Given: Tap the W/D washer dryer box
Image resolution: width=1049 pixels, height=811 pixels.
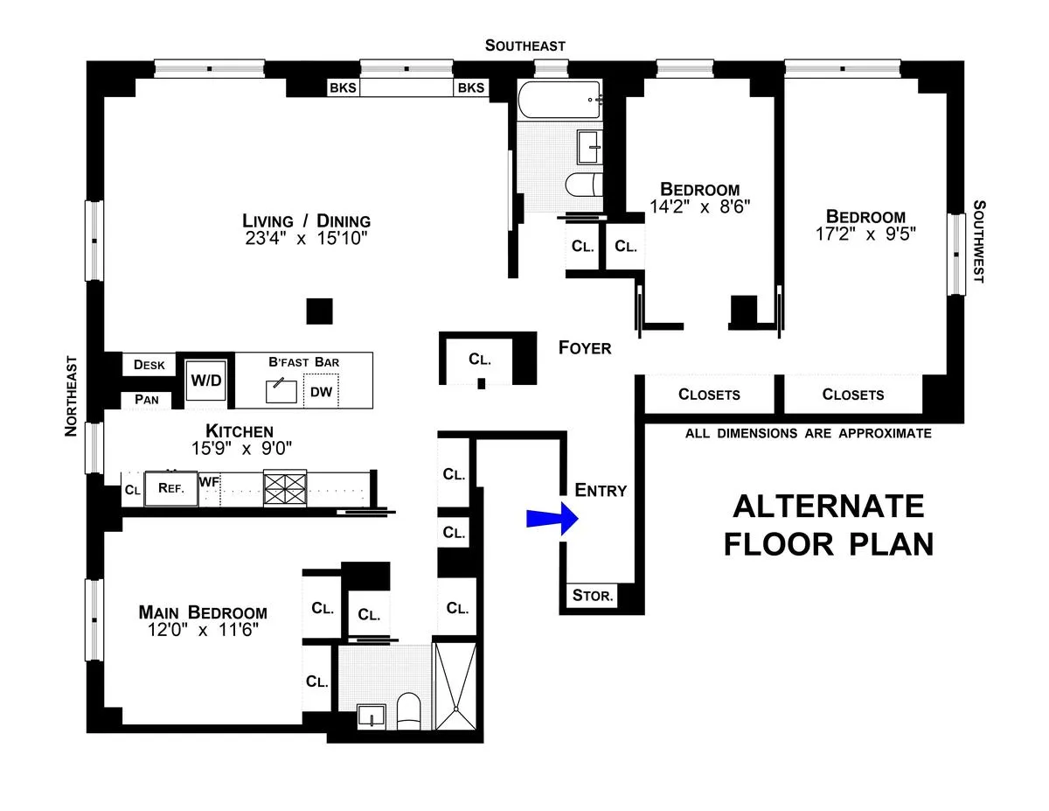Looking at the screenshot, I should tap(206, 381).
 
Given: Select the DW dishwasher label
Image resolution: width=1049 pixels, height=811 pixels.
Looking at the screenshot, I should tap(321, 392).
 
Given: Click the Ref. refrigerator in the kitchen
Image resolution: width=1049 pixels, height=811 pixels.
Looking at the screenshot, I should tap(170, 489).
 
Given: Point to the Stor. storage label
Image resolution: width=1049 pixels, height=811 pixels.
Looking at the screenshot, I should tap(593, 597).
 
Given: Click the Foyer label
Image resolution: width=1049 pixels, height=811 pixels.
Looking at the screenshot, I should tap(585, 348).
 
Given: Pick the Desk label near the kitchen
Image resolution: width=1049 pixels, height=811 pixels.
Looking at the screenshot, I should tap(149, 365).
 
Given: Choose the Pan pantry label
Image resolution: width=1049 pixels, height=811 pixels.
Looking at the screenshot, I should tap(147, 400).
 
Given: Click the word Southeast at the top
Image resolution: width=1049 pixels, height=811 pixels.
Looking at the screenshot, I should tap(525, 45).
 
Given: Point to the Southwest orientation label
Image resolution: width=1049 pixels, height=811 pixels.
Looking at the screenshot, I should tap(978, 241).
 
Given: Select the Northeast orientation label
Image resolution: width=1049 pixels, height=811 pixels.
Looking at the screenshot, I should tap(72, 395).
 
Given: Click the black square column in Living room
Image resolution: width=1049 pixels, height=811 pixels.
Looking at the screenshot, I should tap(319, 311).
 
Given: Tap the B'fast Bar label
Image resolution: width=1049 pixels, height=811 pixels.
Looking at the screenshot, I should tap(303, 361).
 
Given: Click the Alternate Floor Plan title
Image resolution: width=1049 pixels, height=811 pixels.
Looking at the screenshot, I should tap(827, 525).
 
